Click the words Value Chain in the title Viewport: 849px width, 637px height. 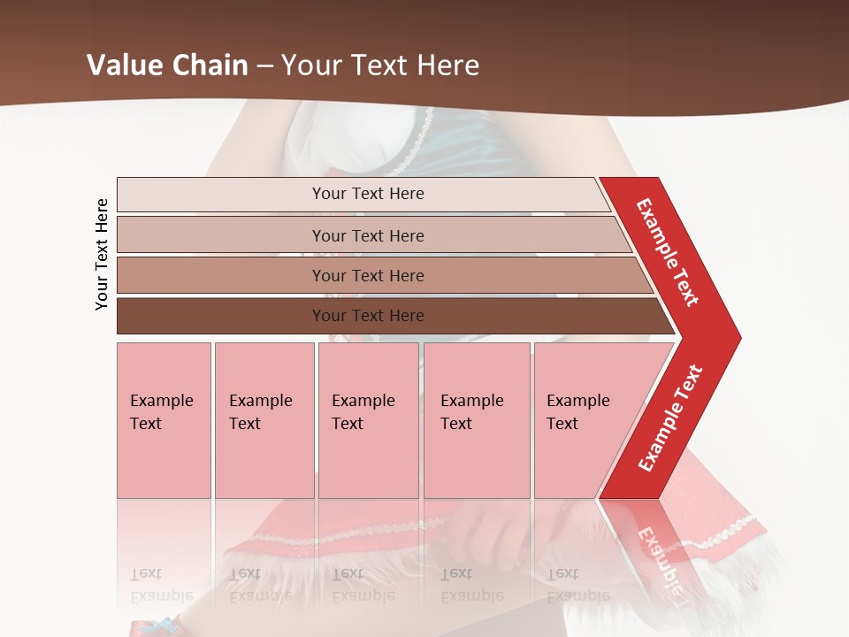tap(167, 65)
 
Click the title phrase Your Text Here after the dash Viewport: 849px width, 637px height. tap(380, 65)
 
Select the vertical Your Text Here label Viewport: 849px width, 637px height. tap(103, 255)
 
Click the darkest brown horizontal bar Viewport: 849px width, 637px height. tap(221, 316)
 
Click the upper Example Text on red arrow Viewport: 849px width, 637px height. tap(669, 252)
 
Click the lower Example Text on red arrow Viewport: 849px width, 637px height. tap(670, 418)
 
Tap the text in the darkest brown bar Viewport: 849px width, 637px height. tap(368, 316)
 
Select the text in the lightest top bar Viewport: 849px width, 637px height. tap(368, 194)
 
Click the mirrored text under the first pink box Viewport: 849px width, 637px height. tap(161, 584)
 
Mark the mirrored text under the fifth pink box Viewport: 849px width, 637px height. tap(577, 584)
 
